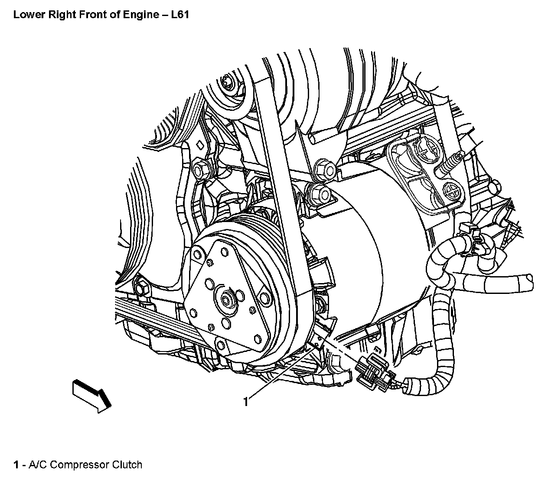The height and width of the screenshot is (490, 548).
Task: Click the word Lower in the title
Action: (x=27, y=15)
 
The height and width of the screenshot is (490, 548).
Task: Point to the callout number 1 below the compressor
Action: (x=246, y=402)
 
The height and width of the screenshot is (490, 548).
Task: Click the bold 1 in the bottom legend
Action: (x=16, y=465)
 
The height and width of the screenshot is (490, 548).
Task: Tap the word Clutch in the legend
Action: (x=127, y=465)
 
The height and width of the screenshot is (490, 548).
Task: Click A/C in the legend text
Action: (x=36, y=465)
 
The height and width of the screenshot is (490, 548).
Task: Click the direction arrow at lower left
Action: (x=92, y=394)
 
